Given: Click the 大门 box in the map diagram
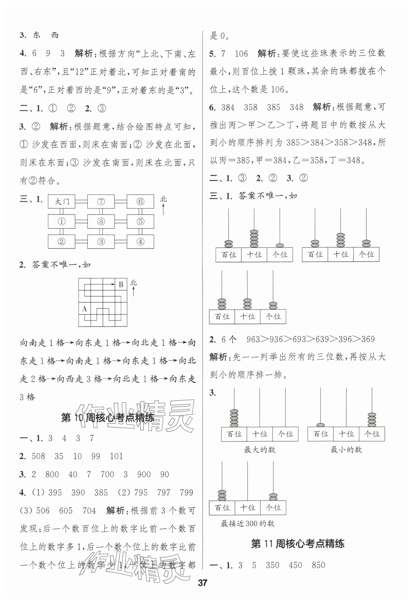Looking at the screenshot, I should tap(62, 202).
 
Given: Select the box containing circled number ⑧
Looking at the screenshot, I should tap(101, 222).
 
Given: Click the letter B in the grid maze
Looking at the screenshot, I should tap(121, 284).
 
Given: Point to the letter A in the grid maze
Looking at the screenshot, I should tap(84, 309).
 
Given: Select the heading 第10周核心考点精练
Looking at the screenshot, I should tap(108, 418).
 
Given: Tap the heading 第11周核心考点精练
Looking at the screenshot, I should tap(298, 544).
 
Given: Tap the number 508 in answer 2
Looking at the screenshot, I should tap(38, 456).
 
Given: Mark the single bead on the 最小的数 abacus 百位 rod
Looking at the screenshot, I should tap(320, 425).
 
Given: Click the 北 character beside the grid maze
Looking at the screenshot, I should tap(133, 283).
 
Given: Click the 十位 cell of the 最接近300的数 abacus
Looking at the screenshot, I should tap(248, 508).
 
